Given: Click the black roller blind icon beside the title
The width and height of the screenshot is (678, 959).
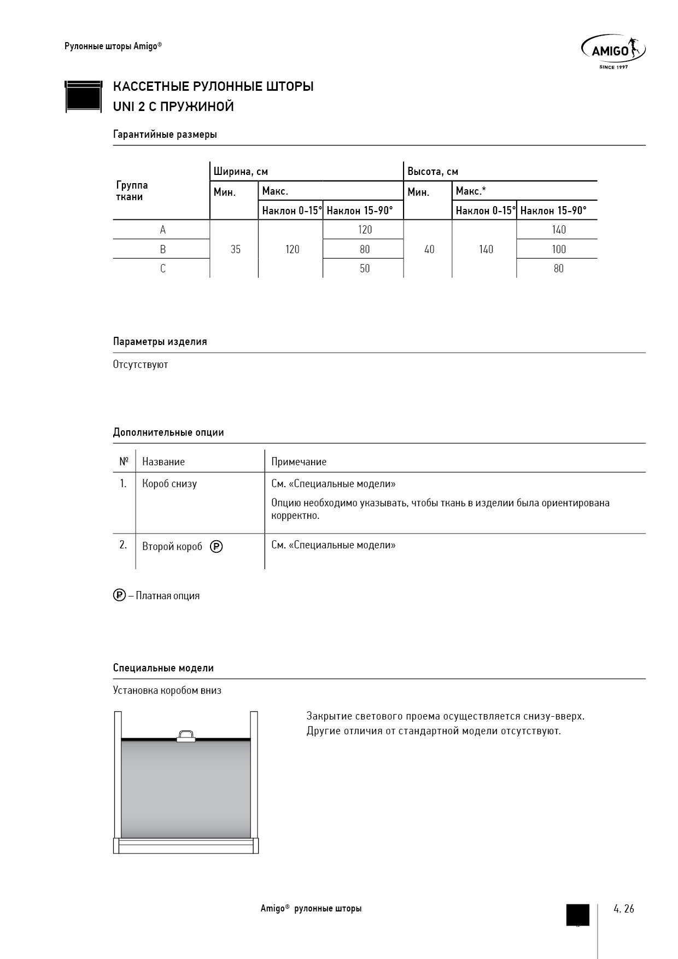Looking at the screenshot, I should point(84,97).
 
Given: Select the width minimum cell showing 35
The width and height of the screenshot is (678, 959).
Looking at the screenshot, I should point(235,249).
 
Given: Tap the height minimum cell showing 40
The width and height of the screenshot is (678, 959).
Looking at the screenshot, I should point(429,249).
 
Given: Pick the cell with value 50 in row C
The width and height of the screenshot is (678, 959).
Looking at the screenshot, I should point(365,268).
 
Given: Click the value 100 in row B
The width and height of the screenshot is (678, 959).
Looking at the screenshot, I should point(558,249).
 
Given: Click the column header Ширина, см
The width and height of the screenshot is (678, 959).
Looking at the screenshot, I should point(241,172).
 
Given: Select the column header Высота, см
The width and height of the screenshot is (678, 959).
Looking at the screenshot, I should point(432,172).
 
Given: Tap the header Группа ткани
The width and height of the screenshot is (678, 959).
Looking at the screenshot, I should point(132,191).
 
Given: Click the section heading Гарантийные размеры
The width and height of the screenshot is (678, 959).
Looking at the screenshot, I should point(165,135).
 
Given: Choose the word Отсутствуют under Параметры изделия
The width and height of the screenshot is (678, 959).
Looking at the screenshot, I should point(141,365).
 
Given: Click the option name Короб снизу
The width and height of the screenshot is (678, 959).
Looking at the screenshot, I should point(169,484).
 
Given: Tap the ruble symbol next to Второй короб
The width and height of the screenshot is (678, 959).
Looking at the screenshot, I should point(217,546).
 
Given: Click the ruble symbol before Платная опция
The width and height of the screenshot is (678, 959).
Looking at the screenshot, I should point(119,595).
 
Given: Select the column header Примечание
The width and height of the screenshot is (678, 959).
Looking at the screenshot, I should point(299,462).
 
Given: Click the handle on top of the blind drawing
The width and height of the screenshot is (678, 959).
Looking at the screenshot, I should point(186,736).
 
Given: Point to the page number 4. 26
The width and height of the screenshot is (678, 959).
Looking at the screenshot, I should point(624,909).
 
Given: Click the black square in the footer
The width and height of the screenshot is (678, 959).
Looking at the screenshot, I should point(577,914).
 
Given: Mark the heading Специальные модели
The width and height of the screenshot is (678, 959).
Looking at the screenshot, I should point(163,668).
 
